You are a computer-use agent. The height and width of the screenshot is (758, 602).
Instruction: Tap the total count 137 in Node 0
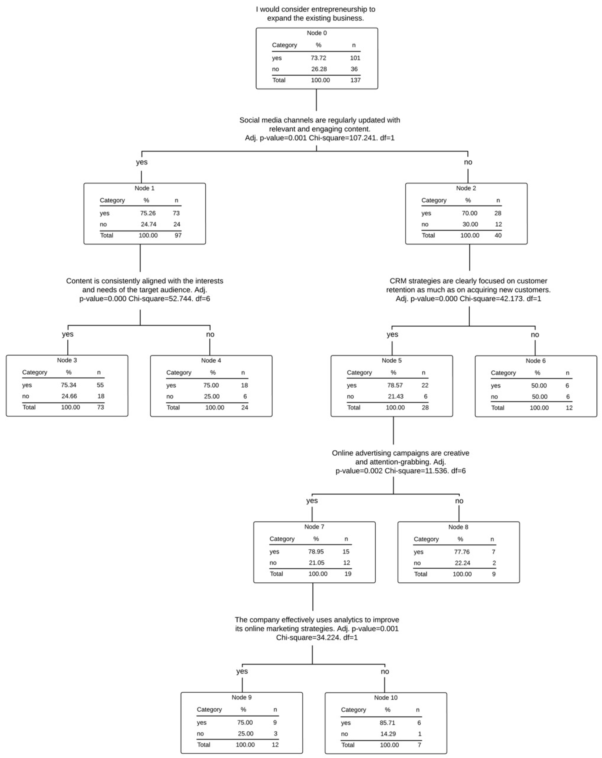coord(355,80)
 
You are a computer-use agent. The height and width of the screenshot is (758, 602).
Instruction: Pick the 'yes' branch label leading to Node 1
coord(142,162)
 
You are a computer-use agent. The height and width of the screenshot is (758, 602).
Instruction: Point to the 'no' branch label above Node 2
coord(468,162)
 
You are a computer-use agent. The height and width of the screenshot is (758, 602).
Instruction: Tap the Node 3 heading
coord(67,360)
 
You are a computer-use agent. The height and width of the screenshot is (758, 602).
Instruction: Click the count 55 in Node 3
coord(100,385)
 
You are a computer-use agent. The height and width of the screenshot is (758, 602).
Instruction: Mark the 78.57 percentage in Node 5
coord(395,385)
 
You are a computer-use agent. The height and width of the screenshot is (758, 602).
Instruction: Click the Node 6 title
coord(535,361)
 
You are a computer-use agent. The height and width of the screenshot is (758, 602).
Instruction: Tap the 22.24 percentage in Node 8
coord(462,563)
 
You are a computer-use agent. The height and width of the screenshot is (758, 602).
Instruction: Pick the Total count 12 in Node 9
coord(275,744)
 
